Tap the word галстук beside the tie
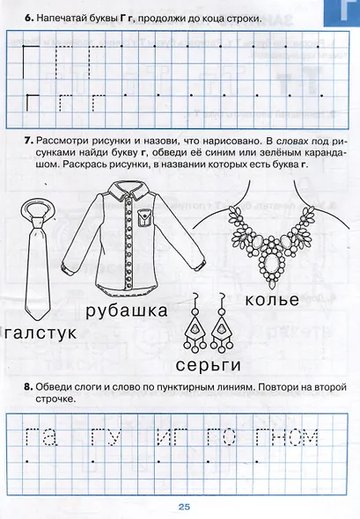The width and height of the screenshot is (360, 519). tap(40, 333)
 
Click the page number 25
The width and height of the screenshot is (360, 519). tap(184, 506)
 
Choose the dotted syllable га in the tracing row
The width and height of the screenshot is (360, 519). tap(40, 436)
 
